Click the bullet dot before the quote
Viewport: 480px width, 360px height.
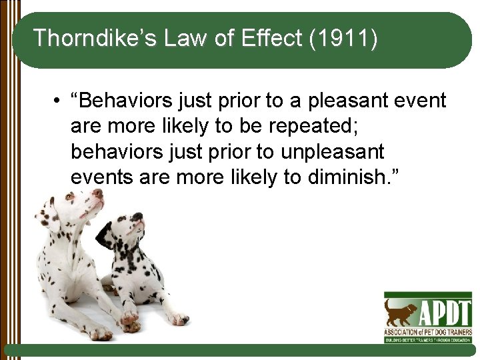pyautogui.click(x=59, y=101)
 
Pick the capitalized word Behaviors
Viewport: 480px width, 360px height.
pyautogui.click(x=127, y=101)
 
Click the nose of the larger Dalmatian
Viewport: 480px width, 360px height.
pyautogui.click(x=98, y=193)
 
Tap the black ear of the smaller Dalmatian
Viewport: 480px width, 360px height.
pyautogui.click(x=105, y=235)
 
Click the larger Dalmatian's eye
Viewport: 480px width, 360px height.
pyautogui.click(x=71, y=197)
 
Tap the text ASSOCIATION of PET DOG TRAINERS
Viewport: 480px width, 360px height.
pyautogui.click(x=427, y=331)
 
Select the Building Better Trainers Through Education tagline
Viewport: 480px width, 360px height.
pyautogui.click(x=427, y=339)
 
